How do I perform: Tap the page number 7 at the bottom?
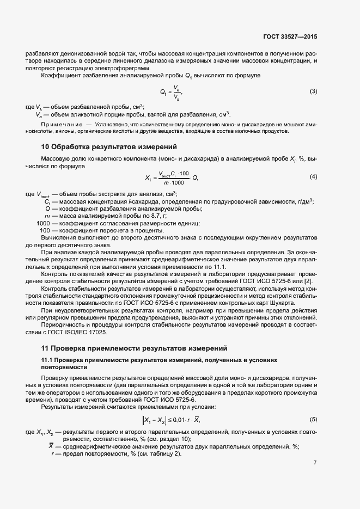point(315,463)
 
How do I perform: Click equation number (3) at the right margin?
point(313,91)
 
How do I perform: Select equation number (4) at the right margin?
point(313,176)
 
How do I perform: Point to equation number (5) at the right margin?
point(313,419)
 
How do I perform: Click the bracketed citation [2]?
point(308,280)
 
